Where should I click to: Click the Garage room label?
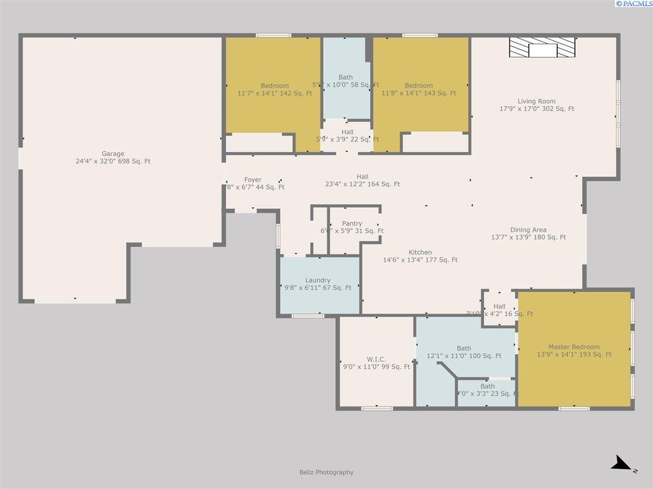click(x=113, y=154)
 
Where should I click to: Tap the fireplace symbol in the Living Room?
click(x=543, y=48)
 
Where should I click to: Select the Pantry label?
click(x=352, y=223)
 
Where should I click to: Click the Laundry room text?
click(x=318, y=280)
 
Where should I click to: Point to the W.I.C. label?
click(x=376, y=359)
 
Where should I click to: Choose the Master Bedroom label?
click(x=574, y=347)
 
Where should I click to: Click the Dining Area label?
click(x=528, y=230)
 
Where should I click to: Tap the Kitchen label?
click(x=420, y=252)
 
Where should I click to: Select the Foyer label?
click(x=252, y=180)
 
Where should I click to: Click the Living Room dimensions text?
click(x=537, y=109)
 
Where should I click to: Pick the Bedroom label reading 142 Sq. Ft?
click(x=275, y=86)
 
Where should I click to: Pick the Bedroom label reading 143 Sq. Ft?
click(x=419, y=86)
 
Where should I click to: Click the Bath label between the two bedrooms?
click(x=346, y=78)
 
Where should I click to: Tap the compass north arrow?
click(x=621, y=464)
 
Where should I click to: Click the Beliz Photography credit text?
click(x=326, y=472)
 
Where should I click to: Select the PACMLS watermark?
click(x=633, y=4)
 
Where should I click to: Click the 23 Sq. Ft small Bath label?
click(x=488, y=387)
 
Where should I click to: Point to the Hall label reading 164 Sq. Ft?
click(x=362, y=177)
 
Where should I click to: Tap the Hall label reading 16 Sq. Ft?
click(x=500, y=306)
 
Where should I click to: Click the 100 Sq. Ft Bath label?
click(x=464, y=348)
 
